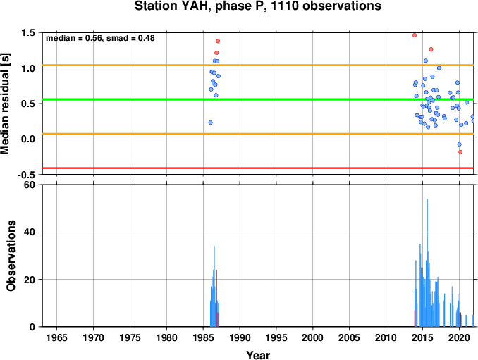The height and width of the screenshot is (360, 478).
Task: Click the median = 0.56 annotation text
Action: click(74, 38)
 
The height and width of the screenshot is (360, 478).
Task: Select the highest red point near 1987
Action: click(218, 41)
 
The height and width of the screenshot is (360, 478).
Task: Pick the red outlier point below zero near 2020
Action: click(460, 152)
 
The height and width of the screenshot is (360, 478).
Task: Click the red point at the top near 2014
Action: click(415, 35)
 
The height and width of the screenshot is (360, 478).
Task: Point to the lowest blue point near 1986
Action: click(210, 123)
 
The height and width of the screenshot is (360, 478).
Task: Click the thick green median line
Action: click(258, 99)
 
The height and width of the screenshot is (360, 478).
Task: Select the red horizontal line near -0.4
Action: click(258, 168)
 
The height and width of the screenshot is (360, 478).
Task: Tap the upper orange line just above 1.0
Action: click(258, 66)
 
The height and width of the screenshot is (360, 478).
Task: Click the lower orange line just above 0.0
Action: click(258, 134)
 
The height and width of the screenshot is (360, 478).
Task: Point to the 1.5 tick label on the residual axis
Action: click(28, 33)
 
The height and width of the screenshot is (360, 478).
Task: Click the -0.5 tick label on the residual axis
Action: click(26, 175)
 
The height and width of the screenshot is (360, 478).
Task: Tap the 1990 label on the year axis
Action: click(240, 337)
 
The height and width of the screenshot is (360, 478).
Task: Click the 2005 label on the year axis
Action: click(350, 337)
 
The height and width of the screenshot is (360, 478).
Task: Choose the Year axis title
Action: click(258, 355)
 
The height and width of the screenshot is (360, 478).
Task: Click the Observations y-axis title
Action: click(11, 256)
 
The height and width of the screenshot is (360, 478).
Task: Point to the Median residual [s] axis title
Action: click(5, 104)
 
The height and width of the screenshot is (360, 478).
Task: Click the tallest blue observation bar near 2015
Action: click(427, 263)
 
